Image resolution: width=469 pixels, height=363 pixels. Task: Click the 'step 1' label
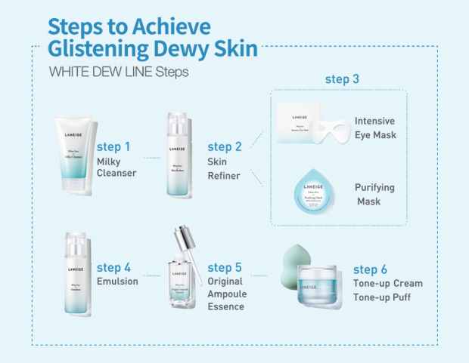(113, 146)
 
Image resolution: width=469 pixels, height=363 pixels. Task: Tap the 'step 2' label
(225, 146)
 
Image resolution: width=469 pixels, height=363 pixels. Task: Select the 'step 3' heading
(343, 79)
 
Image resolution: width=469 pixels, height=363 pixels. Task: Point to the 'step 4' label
(114, 267)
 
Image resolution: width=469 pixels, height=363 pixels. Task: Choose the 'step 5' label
(225, 267)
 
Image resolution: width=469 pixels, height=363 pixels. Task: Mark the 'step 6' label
(371, 269)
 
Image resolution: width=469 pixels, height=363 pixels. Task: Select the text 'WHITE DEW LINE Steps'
(118, 73)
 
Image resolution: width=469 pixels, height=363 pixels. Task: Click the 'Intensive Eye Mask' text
(374, 128)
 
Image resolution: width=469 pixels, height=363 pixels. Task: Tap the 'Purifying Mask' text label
(374, 195)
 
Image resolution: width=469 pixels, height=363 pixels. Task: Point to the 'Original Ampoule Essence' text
(225, 294)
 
